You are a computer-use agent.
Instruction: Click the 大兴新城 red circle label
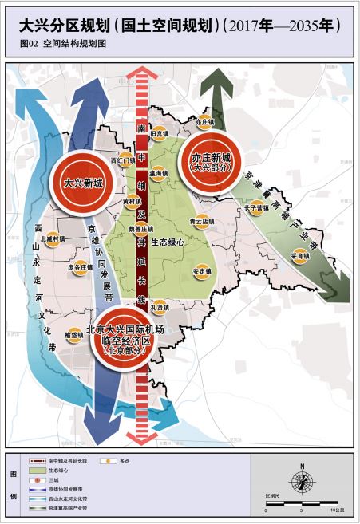pyautogui.click(x=82, y=183)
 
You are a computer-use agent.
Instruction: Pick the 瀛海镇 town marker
pyautogui.click(x=158, y=172)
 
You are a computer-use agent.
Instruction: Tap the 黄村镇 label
pyautogui.click(x=132, y=202)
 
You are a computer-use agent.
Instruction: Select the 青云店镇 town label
pyautogui.click(x=196, y=221)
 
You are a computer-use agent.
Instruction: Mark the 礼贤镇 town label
pyautogui.click(x=159, y=307)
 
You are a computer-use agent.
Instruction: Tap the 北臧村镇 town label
pyautogui.click(x=53, y=238)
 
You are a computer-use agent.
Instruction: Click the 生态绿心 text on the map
pyautogui.click(x=168, y=241)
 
